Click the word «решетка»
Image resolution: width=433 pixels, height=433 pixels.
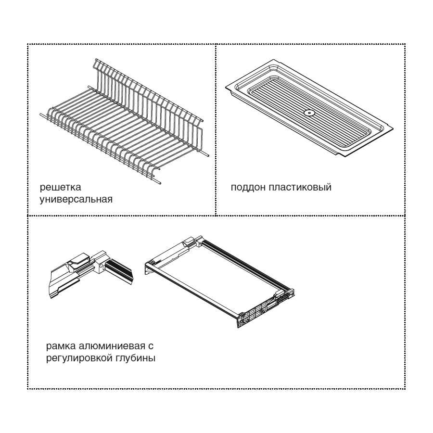(x=60, y=188)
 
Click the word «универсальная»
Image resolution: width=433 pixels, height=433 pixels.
(x=76, y=200)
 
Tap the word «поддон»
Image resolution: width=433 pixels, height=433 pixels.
(x=248, y=187)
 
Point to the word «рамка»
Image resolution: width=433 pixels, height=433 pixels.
(x=61, y=346)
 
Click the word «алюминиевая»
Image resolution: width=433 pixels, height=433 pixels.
(x=112, y=346)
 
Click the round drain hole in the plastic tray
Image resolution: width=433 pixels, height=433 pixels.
(x=308, y=113)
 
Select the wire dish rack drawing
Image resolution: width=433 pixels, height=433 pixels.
(x=124, y=122)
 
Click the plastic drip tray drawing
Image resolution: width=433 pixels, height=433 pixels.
(x=309, y=107)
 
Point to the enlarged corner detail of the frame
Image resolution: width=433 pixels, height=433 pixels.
(x=91, y=273)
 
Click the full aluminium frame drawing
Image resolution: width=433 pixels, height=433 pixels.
(x=219, y=281)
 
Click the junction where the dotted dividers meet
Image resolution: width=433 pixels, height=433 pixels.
(x=216, y=216)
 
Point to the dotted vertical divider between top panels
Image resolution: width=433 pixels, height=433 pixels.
(x=216, y=130)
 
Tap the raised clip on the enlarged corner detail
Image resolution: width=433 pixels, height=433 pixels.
(x=80, y=259)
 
